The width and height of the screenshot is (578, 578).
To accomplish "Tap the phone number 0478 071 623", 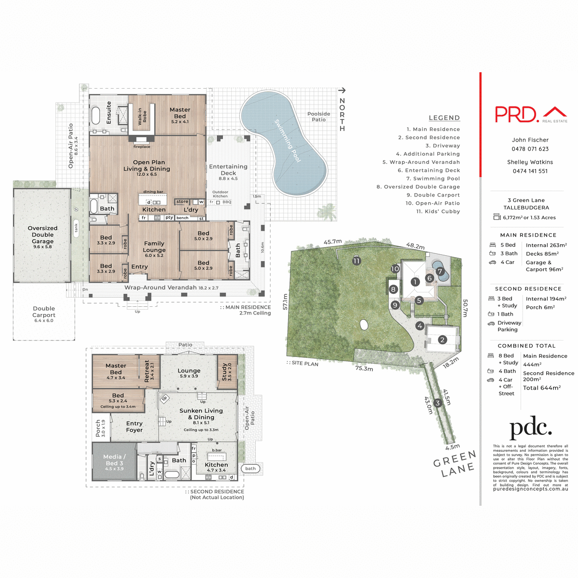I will point(530,149).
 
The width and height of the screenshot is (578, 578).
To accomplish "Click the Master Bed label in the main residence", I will point(180,113).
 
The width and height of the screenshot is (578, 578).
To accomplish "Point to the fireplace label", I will point(142,147).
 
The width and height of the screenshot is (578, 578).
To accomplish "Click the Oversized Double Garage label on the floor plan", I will point(42,235).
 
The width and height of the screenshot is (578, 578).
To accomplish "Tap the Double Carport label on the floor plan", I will point(44,312).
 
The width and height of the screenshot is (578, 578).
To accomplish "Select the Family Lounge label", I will point(154,247).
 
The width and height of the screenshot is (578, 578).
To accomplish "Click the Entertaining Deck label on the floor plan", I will point(228,170).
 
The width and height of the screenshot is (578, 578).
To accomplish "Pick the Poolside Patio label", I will point(319,117).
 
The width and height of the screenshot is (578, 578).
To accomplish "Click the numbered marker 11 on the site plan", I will point(356,261).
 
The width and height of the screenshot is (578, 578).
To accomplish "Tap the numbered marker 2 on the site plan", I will point(442,340).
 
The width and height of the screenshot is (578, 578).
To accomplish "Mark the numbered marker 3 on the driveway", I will point(437,403).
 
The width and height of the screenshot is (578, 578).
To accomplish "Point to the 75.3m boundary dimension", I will point(364,368).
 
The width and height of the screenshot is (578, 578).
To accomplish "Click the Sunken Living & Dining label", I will point(201,414).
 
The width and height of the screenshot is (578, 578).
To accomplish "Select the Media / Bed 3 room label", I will point(114,460).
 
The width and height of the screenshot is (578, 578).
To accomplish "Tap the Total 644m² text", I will point(542,388).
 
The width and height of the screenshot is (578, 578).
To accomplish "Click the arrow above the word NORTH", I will point(342,90).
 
